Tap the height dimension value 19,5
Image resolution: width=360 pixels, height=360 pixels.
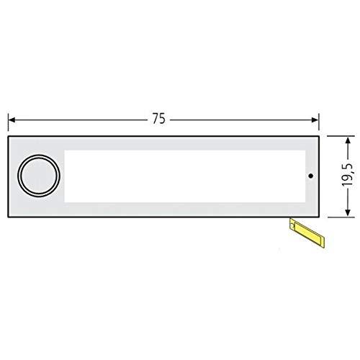point(348,175)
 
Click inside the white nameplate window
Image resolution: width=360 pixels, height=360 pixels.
point(180,176)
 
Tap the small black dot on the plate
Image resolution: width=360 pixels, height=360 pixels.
point(310,176)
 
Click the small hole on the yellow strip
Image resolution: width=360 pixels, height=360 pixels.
point(292,226)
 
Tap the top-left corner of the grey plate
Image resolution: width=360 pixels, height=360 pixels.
point(9,136)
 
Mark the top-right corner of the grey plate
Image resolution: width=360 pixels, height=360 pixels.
point(320,136)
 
